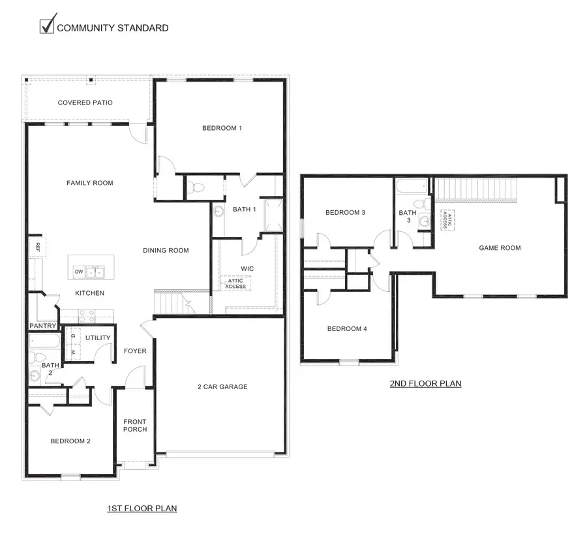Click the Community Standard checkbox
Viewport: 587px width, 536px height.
click(46, 27)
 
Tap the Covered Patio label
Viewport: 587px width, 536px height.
click(85, 102)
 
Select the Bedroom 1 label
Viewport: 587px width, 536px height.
click(222, 128)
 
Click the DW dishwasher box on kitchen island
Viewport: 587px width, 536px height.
click(78, 272)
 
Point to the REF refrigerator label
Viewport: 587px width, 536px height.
click(38, 247)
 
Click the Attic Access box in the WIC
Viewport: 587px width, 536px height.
click(235, 283)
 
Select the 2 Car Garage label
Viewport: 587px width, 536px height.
click(222, 386)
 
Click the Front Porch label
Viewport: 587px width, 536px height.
click(135, 425)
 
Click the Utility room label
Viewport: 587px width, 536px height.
click(98, 338)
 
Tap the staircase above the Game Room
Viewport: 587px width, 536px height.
click(476, 189)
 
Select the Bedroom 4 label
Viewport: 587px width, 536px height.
click(346, 328)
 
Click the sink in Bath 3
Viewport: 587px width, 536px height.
click(425, 221)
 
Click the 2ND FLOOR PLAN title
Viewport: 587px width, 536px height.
click(425, 383)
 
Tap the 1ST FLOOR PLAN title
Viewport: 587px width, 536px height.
click(142, 507)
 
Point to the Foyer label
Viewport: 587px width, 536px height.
click(135, 351)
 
